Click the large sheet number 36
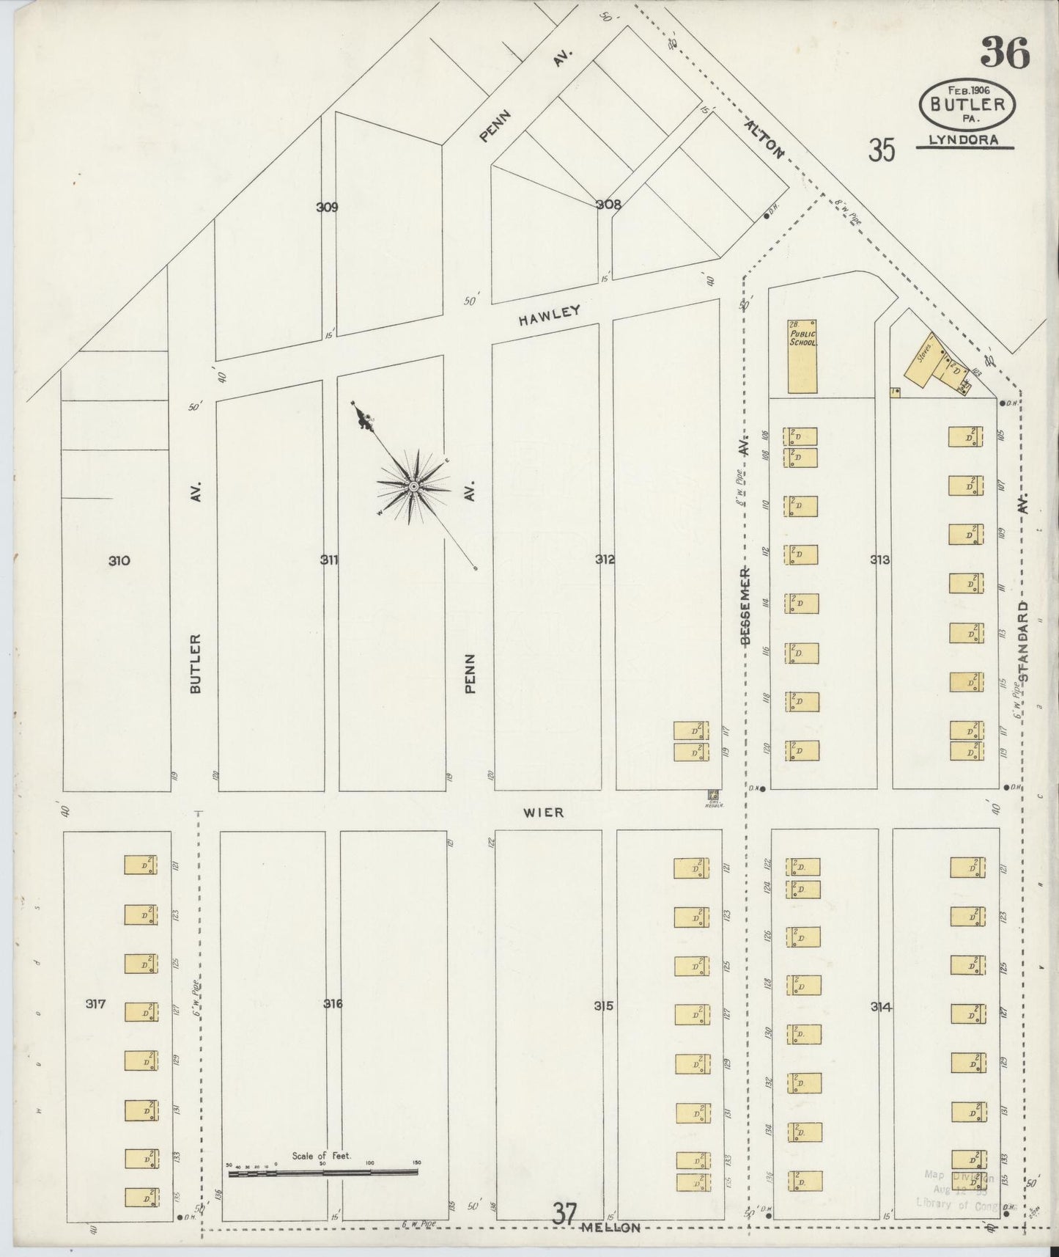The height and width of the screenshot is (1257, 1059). pyautogui.click(x=1005, y=52)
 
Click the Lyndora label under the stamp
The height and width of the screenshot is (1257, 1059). pyautogui.click(x=964, y=140)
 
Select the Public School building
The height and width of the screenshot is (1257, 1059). pyautogui.click(x=802, y=356)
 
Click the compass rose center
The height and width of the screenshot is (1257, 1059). pyautogui.click(x=413, y=486)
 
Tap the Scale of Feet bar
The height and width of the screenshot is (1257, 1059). pyautogui.click(x=322, y=1173)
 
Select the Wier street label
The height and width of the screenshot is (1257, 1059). pyautogui.click(x=544, y=812)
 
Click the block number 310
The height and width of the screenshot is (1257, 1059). pyautogui.click(x=119, y=561)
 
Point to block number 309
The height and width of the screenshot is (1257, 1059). pyautogui.click(x=327, y=207)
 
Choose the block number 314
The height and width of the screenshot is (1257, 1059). pyautogui.click(x=881, y=1007)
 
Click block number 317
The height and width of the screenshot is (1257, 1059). pyautogui.click(x=95, y=1004)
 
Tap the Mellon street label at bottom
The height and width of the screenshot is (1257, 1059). pyautogui.click(x=610, y=1228)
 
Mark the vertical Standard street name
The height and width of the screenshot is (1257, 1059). pyautogui.click(x=1023, y=642)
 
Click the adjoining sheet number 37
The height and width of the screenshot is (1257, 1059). pyautogui.click(x=565, y=1214)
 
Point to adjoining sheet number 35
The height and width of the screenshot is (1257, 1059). pyautogui.click(x=882, y=150)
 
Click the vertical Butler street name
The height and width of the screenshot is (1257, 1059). pyautogui.click(x=194, y=663)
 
